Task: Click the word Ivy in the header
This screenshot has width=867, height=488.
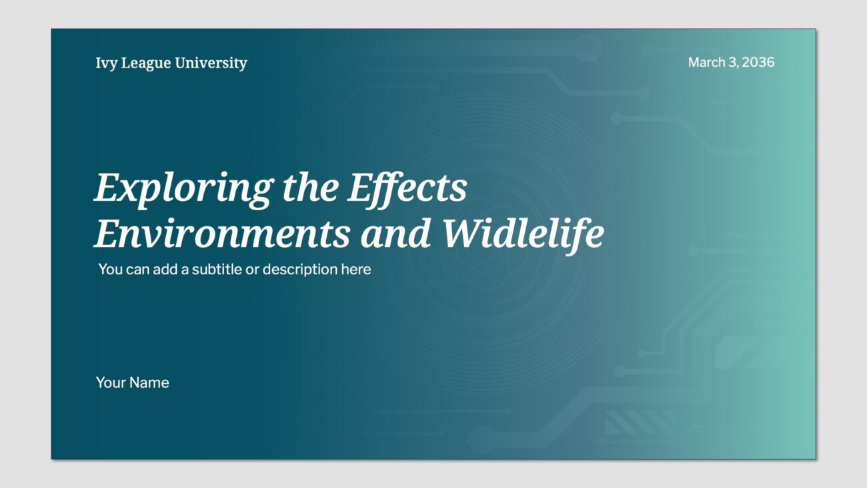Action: (105, 63)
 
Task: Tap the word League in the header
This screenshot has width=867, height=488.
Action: (144, 63)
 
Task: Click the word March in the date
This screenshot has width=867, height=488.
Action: (706, 62)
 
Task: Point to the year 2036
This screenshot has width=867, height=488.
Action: (758, 62)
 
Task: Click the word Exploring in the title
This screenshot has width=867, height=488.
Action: (183, 188)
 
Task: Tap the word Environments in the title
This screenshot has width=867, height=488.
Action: (222, 234)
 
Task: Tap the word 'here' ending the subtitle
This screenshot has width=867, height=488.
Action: (356, 270)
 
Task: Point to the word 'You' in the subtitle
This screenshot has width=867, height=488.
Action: (110, 270)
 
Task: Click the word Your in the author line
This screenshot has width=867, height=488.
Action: (111, 383)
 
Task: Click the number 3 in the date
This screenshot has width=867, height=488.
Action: (733, 62)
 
